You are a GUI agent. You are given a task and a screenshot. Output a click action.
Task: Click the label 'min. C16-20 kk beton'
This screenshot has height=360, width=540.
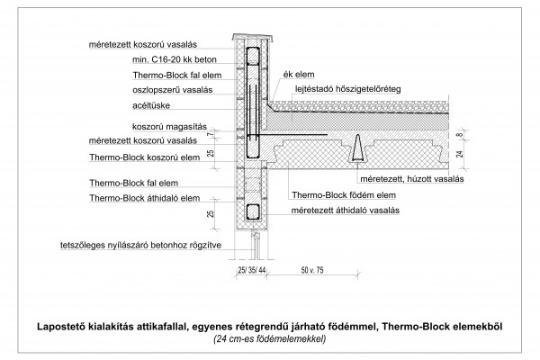click(x=175, y=59)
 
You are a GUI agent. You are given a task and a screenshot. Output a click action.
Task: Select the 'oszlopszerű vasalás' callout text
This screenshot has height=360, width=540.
click(x=173, y=90)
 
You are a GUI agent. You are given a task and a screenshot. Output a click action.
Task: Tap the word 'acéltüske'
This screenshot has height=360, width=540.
click(x=151, y=105)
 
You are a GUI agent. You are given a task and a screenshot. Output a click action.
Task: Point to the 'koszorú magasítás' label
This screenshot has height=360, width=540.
click(x=169, y=127)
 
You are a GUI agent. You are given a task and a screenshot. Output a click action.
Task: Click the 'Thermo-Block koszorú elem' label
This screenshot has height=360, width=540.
click(x=145, y=157)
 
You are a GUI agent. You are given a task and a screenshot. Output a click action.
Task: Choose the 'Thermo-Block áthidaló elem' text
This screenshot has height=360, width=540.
click(x=145, y=198)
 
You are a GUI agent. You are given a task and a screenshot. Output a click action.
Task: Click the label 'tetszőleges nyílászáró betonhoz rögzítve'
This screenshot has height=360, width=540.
click(x=141, y=246)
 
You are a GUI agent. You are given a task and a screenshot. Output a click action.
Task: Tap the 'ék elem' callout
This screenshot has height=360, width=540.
click(x=299, y=75)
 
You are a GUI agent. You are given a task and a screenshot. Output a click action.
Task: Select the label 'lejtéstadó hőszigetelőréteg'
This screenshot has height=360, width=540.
click(x=348, y=89)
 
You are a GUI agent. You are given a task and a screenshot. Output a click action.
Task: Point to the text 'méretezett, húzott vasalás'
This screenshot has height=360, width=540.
click(x=412, y=179)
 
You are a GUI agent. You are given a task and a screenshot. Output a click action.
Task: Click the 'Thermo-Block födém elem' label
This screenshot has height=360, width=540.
click(x=344, y=195)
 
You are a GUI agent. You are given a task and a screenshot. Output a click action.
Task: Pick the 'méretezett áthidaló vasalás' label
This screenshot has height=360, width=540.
click(x=346, y=210)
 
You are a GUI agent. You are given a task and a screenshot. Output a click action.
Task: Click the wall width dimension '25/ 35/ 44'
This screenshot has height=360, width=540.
click(x=252, y=270)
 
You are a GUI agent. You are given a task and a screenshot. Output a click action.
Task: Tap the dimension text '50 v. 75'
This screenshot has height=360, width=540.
click(x=312, y=270)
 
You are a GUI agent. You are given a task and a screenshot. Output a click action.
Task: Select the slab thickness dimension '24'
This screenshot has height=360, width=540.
click(x=460, y=154)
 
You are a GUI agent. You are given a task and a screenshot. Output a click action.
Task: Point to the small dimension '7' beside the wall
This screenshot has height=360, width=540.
click(x=210, y=134)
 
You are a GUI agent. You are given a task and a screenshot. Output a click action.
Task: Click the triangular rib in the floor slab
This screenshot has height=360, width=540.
click(x=358, y=148)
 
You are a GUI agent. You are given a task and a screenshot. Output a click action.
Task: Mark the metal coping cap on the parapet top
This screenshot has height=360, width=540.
click(x=252, y=37)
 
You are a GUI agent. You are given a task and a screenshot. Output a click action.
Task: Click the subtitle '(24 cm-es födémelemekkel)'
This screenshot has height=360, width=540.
click(x=270, y=339)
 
